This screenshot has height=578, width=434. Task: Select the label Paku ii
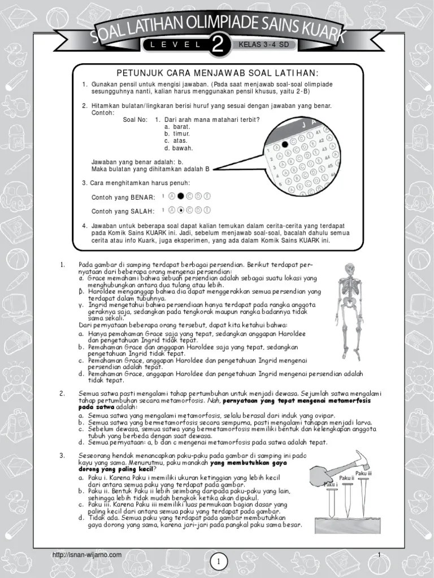[x=346, y=478]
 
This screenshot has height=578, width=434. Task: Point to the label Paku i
[x=330, y=484]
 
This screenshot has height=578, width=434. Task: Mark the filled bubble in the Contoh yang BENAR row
[x=181, y=196]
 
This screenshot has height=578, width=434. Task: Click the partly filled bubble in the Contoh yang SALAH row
[x=181, y=210]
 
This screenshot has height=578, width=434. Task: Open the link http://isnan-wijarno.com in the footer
[x=86, y=555]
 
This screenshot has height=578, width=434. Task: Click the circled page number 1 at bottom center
[x=218, y=561]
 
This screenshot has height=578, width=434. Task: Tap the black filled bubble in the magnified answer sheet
[x=285, y=144]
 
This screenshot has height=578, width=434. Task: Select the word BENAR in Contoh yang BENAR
[x=143, y=197]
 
